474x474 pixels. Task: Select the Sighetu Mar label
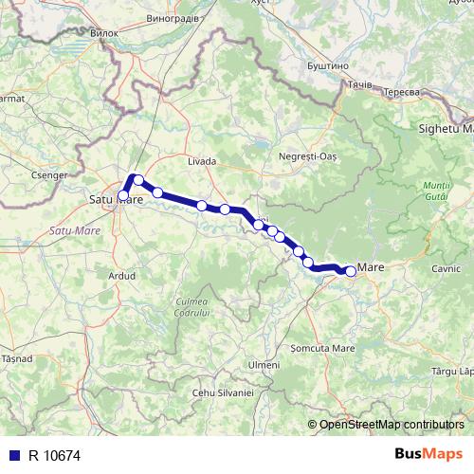tap(447, 127)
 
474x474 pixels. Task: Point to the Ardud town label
tap(123, 276)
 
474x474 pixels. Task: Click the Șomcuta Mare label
tap(322, 348)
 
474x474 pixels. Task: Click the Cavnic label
tap(445, 269)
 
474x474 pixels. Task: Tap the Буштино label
tap(329, 66)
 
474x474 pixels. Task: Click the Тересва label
tap(402, 90)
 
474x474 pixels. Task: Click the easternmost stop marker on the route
tap(350, 271)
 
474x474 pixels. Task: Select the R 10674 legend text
tap(54, 455)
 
